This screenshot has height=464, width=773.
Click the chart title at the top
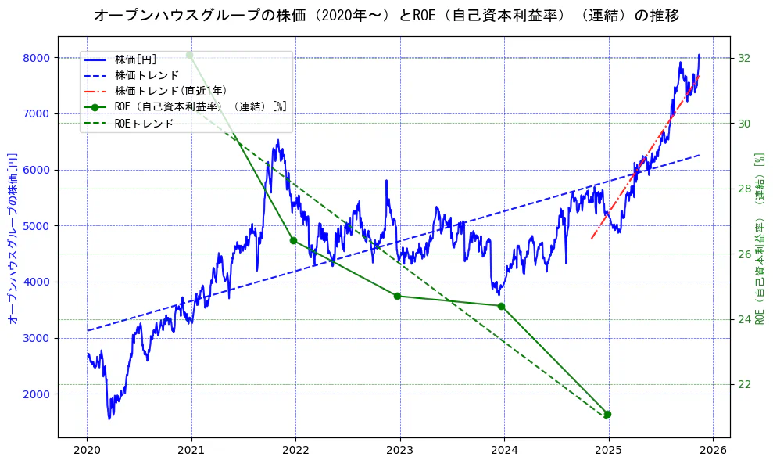pos(386,15)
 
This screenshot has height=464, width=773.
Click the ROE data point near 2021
pos(189,55)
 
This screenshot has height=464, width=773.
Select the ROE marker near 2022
pos(293,240)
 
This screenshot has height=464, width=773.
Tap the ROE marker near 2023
pos(397,296)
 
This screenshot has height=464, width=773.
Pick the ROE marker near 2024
pos(501,306)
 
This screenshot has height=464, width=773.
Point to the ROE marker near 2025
pos(607,414)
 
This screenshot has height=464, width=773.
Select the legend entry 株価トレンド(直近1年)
pos(170,91)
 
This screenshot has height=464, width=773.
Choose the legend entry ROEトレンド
pos(144,123)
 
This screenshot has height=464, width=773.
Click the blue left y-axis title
pos(13,237)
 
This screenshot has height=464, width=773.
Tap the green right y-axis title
pos(759,237)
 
